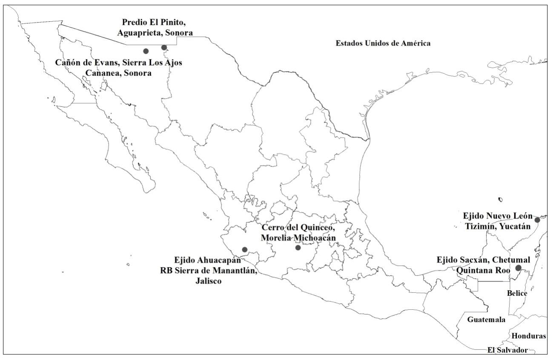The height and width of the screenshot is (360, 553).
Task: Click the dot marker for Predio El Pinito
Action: (x=164, y=47)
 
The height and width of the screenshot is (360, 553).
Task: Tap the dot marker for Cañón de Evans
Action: (x=146, y=51)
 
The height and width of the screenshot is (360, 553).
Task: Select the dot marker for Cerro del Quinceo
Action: (x=298, y=248)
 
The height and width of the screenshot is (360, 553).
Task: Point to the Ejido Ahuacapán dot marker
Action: (x=244, y=250)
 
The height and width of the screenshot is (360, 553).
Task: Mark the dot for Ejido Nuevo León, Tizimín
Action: (x=537, y=220)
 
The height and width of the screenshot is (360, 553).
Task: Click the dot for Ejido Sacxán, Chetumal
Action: (x=518, y=268)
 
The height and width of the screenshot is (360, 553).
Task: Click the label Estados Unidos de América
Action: (x=383, y=43)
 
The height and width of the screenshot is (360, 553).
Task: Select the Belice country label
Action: (x=517, y=294)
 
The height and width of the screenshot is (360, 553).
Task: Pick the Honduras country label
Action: (x=529, y=336)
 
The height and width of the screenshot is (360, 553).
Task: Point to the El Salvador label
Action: (x=507, y=350)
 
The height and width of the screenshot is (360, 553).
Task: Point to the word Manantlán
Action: (x=236, y=271)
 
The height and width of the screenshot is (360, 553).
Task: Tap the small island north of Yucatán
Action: (x=501, y=199)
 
